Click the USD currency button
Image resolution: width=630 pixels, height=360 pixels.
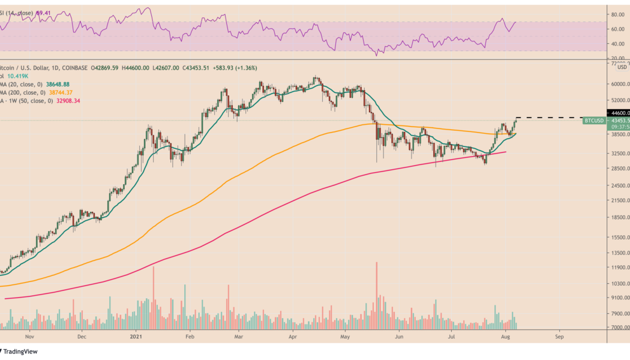point(622,67)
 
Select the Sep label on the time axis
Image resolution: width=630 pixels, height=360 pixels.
point(559,337)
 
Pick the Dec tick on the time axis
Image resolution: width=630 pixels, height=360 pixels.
point(82,337)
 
